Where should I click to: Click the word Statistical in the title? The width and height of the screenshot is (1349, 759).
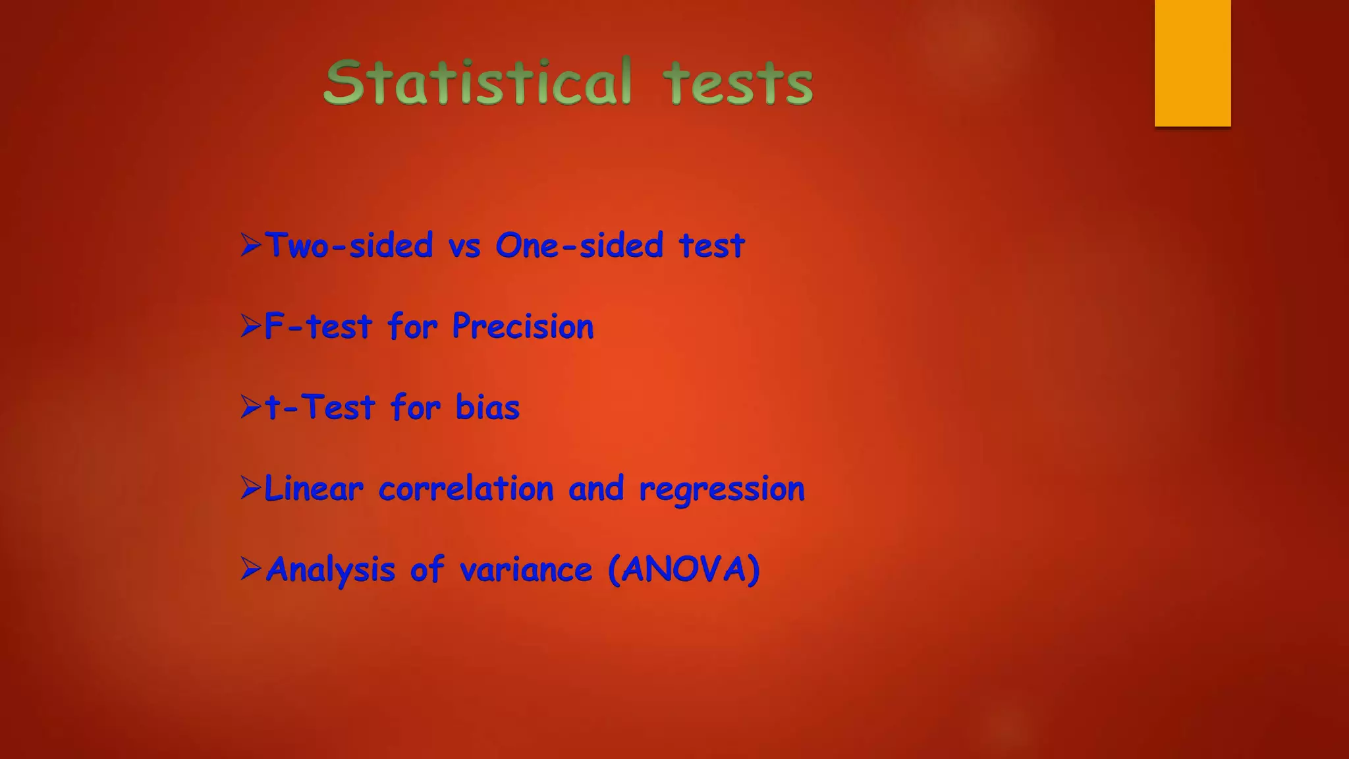pos(478,82)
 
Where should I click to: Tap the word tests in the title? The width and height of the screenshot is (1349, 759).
pos(738,84)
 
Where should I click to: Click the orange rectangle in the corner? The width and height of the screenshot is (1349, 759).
pos(1192,63)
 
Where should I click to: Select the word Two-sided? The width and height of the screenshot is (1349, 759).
pos(349,246)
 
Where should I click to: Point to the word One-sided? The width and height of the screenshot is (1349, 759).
pos(579,246)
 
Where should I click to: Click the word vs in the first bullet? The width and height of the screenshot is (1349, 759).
pos(464,247)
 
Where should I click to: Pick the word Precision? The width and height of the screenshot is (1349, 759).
pos(523,327)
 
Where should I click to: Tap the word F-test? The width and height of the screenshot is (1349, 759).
pos(318,327)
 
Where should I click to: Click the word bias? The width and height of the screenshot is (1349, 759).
pos(487,407)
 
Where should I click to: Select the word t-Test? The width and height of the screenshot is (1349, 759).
pos(320,407)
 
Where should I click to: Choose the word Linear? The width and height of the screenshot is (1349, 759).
pos(314,489)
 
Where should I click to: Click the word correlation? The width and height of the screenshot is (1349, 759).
pos(466,489)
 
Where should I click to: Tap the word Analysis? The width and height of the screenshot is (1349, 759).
pos(330,570)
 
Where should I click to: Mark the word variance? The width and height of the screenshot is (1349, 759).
pos(526,570)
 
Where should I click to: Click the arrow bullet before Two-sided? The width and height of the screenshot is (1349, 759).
pos(251,245)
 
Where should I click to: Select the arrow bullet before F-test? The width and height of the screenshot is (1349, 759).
pos(251,326)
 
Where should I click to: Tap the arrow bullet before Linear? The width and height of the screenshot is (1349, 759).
pos(251,488)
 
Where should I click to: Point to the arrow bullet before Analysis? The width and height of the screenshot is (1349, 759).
pos(251,569)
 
